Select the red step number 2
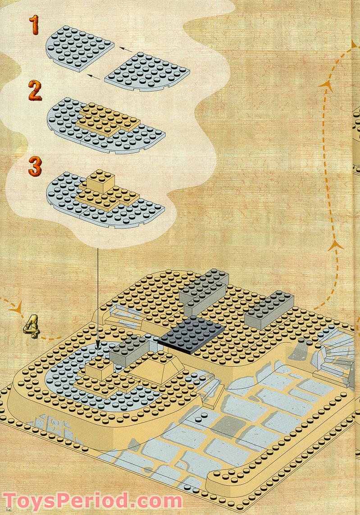34,90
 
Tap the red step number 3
35,166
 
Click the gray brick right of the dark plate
269,309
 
